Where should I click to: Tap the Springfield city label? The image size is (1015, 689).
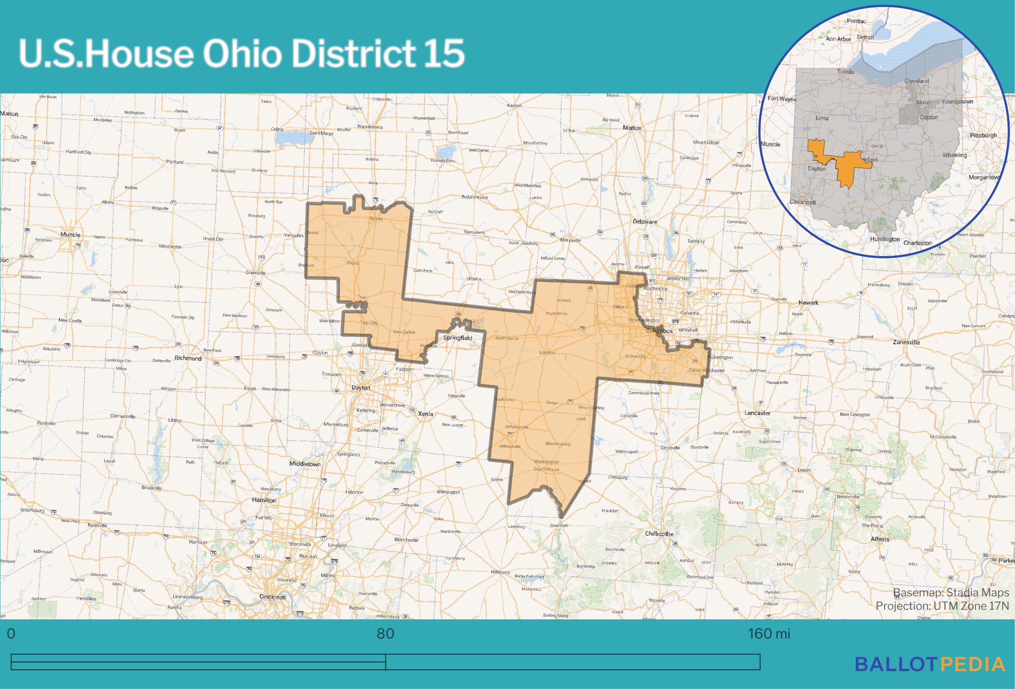pos(458,338)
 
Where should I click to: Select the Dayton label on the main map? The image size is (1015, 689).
pos(361,388)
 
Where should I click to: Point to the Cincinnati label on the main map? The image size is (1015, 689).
pos(272,597)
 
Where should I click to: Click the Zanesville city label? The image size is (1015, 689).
pos(906,342)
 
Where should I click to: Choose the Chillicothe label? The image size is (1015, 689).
pos(659,534)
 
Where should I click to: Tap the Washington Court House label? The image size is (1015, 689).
pos(546,466)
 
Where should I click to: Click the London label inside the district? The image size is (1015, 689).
pos(547,352)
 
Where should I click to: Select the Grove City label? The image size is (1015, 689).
pos(635,356)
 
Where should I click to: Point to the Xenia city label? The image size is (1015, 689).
pos(425,414)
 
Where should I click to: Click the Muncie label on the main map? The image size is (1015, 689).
pos(70,235)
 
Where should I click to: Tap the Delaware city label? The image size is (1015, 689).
pos(645,222)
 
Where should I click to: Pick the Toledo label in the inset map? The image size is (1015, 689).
pos(845,71)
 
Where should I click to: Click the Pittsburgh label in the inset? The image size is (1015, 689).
pos(983,135)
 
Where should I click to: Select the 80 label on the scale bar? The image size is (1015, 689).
pos(385,634)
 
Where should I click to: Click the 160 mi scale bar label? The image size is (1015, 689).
pos(769,634)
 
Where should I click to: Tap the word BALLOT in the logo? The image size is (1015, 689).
pos(896,665)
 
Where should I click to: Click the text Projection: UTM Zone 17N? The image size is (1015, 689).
pos(942,606)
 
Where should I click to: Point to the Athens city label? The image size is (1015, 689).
pos(880,539)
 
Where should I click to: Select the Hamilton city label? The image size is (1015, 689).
pos(264,500)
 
